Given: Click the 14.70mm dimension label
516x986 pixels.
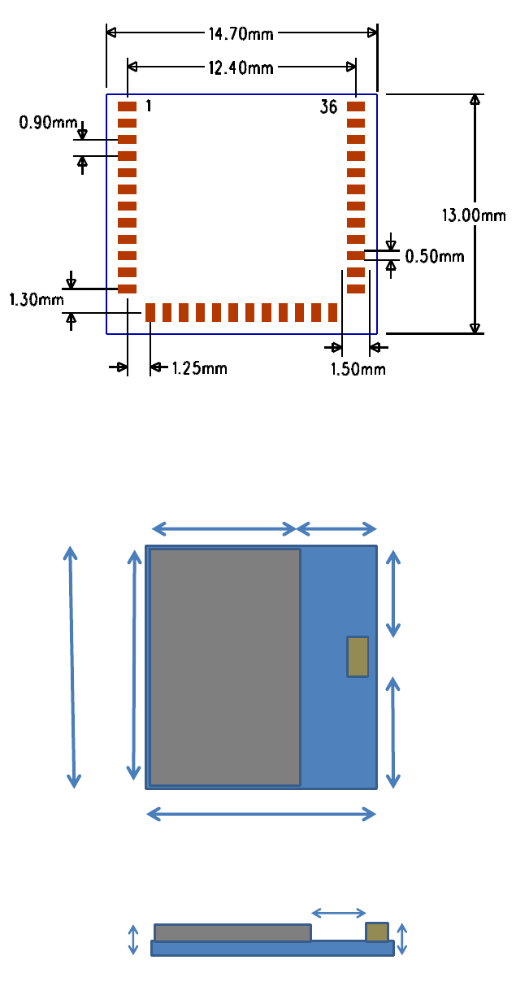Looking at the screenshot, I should click(241, 34).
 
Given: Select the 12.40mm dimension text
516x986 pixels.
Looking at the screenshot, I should click(241, 67).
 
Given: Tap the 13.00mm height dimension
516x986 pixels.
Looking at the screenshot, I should click(474, 215).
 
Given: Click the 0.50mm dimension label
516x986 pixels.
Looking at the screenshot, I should click(435, 257).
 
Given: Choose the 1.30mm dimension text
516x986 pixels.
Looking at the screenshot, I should click(37, 300).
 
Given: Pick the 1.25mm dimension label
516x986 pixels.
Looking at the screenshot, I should click(199, 368).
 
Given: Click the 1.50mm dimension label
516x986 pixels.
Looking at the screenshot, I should click(358, 370).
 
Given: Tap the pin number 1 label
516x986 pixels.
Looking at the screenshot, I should click(149, 106).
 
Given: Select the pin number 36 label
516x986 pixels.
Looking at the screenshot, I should click(328, 106).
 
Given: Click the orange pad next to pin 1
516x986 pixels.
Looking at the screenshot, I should click(128, 106).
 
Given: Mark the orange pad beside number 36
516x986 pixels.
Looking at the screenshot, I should click(356, 106).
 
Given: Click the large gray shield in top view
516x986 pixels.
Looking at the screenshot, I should click(225, 667).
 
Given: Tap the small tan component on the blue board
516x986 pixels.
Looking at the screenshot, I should click(358, 656).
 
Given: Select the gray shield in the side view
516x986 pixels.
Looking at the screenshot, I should click(232, 932).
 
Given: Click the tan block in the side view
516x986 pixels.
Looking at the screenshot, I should click(377, 932).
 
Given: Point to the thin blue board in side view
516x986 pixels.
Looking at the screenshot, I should click(272, 948).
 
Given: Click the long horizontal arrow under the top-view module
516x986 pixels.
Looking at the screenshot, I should click(261, 813).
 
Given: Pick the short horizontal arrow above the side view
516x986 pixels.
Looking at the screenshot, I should click(339, 913).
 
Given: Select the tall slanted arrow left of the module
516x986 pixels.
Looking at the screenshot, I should click(72, 667).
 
